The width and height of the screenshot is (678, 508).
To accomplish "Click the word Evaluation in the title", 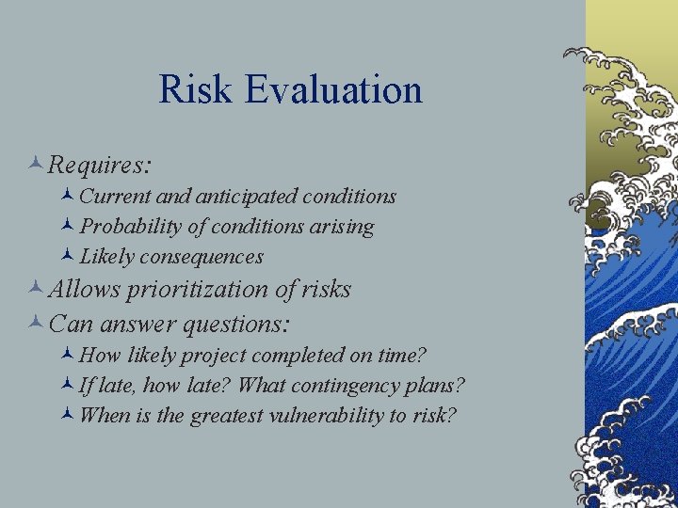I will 333,90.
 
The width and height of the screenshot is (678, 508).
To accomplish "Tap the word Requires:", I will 100,166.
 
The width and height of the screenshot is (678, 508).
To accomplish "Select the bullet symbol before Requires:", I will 36,165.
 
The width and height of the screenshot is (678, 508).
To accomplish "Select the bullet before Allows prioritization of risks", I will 36,289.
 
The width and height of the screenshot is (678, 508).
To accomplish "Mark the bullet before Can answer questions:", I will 36,324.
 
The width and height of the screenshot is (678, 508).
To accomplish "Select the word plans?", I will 437,386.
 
